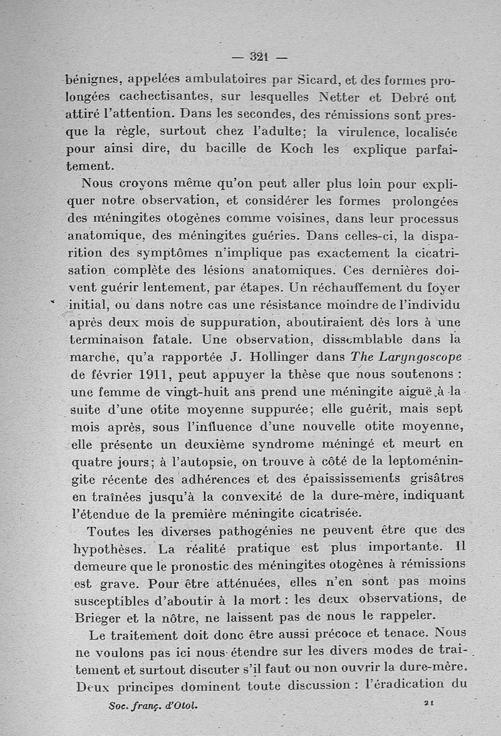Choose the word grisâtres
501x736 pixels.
431,479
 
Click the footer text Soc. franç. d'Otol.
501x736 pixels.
153,705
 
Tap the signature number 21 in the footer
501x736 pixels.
429,703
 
